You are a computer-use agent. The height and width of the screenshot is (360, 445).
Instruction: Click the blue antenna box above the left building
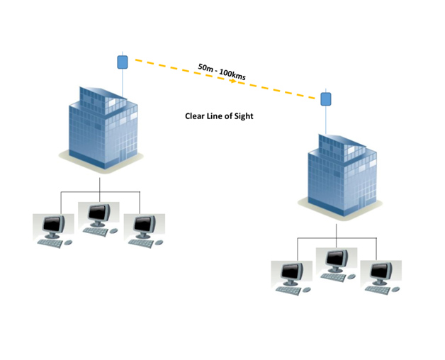tap(123, 62)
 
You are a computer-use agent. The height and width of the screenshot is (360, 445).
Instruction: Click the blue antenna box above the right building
tap(327, 98)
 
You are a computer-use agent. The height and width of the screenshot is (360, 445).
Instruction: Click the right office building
tap(339, 174)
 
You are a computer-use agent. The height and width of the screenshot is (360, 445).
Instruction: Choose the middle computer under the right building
tap(336, 261)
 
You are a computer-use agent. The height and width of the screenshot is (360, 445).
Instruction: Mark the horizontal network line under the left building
tap(99, 192)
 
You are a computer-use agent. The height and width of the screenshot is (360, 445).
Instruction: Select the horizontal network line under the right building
tap(336, 238)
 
